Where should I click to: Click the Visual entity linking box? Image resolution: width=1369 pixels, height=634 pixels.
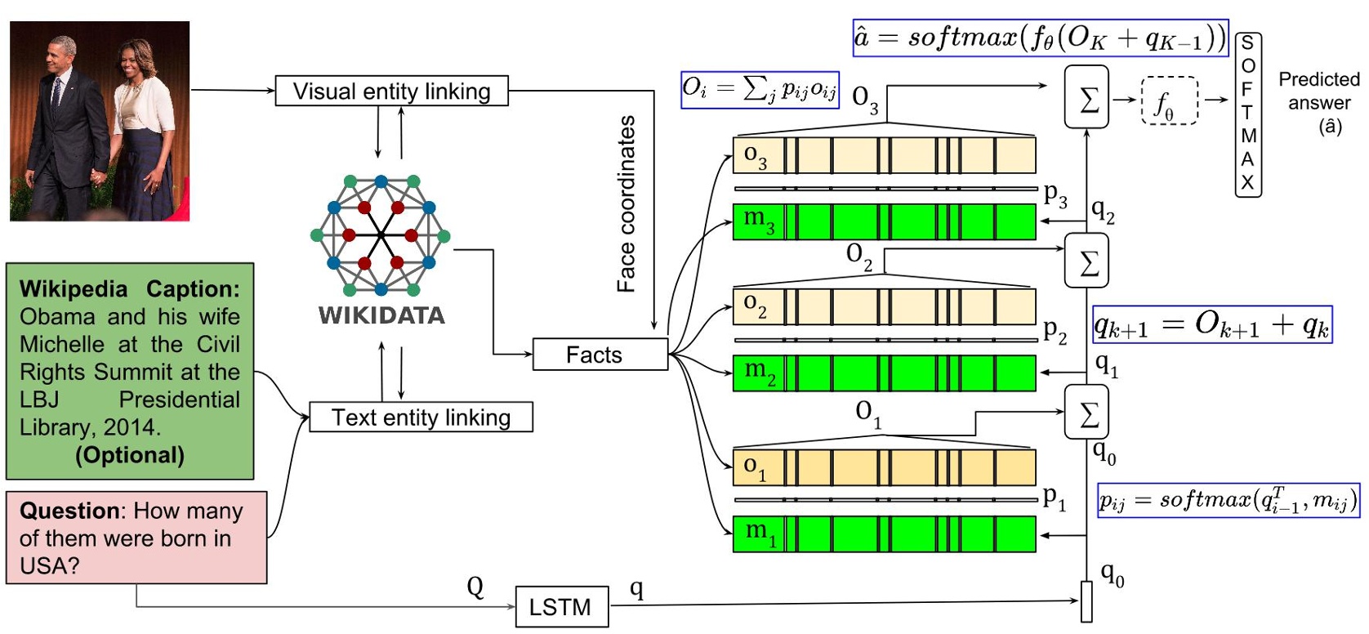pos(391,91)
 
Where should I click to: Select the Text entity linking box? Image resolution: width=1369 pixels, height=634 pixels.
pos(421,417)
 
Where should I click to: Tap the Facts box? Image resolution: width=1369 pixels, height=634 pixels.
pos(600,355)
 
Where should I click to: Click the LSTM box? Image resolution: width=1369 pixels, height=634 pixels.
pos(561,607)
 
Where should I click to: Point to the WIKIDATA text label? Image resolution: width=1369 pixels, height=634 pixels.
pos(381,315)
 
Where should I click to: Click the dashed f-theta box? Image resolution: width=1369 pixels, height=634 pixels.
pos(1169,100)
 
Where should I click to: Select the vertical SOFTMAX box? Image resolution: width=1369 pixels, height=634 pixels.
pos(1247,114)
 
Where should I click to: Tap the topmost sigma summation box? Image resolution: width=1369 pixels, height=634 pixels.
pos(1086,97)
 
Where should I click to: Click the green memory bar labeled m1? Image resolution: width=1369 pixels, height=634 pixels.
pos(884,534)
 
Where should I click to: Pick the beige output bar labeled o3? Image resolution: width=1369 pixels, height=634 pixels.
pos(884,155)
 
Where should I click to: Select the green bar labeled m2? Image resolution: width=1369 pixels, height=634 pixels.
pos(884,373)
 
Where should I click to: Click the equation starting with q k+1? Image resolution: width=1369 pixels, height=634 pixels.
pos(1212,325)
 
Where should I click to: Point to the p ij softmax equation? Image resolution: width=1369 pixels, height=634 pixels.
pos(1228,499)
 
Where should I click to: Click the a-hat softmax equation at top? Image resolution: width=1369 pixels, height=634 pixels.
pos(1040,38)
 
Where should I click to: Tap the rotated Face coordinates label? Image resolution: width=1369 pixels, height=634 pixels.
pos(626,204)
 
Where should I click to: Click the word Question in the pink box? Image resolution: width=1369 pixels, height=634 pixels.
pos(70,511)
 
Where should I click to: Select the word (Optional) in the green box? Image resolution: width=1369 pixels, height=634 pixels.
pos(130,455)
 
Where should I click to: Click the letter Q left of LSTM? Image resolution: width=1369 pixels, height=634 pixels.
pos(475,587)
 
